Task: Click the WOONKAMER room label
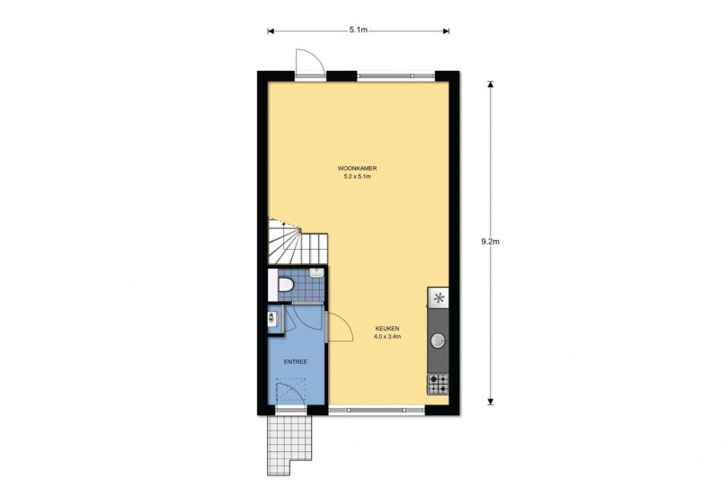tap(357, 169)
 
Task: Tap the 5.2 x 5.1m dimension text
tap(357, 176)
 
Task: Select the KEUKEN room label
tap(387, 329)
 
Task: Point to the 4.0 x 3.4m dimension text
tap(387, 337)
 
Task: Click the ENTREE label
tap(296, 361)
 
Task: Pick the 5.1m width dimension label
tap(359, 30)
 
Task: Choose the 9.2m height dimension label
tap(491, 242)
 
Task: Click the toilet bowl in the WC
tap(285, 284)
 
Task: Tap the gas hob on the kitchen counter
tap(438, 384)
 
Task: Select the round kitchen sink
tap(438, 341)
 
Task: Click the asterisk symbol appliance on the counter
tap(439, 297)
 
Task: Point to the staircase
tap(297, 242)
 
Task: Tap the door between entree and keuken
tap(340, 327)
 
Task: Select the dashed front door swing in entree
tap(290, 393)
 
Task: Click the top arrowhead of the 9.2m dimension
tap(491, 84)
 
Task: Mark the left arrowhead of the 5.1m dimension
tap(271, 31)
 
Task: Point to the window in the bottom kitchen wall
tap(377, 410)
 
